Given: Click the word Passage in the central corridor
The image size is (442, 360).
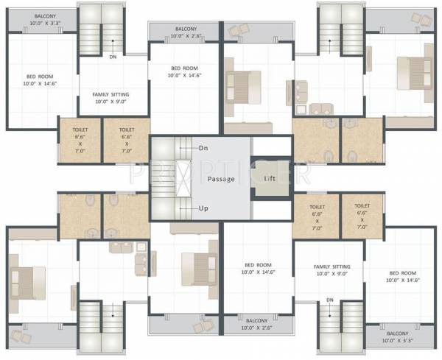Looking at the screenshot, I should pyautogui.click(x=220, y=179).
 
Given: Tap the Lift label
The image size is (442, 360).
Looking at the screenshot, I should pyautogui.click(x=270, y=178).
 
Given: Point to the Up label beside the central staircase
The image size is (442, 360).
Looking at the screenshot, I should pyautogui.click(x=204, y=208).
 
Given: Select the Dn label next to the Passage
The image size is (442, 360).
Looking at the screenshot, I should pyautogui.click(x=204, y=148).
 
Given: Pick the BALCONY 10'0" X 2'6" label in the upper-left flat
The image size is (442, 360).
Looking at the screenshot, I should pyautogui.click(x=184, y=32).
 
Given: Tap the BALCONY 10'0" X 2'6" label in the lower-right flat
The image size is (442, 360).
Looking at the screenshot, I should pyautogui.click(x=256, y=325).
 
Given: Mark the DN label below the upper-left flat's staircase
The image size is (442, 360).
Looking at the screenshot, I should pyautogui.click(x=112, y=56).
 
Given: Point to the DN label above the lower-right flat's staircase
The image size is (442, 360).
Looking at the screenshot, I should pyautogui.click(x=330, y=300).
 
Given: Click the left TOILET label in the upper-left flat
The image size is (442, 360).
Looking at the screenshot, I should pyautogui.click(x=80, y=140).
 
